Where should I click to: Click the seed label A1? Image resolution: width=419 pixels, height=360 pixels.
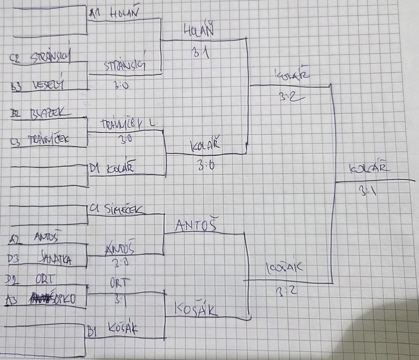click(x=94, y=14)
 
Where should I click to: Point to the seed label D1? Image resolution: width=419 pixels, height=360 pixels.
click(x=95, y=168)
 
